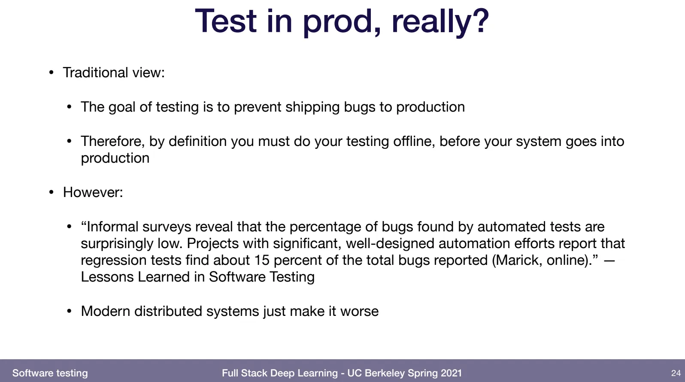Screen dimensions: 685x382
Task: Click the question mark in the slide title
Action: coord(479,20)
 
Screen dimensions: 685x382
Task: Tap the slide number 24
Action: coord(676,373)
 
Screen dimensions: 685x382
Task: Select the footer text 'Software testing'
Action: coord(50,373)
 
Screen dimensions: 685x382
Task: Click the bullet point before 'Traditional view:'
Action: coord(52,73)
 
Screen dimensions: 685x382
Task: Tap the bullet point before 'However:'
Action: coord(52,192)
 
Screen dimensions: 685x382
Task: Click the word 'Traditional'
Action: coord(95,73)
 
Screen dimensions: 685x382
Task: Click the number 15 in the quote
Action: coord(262,260)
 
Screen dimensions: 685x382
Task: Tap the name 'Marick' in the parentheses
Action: coord(517,260)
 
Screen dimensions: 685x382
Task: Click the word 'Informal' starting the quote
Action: coord(112,227)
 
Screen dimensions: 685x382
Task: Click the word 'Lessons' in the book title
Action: coord(107,277)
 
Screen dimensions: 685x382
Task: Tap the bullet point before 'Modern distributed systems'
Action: coord(69,311)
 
